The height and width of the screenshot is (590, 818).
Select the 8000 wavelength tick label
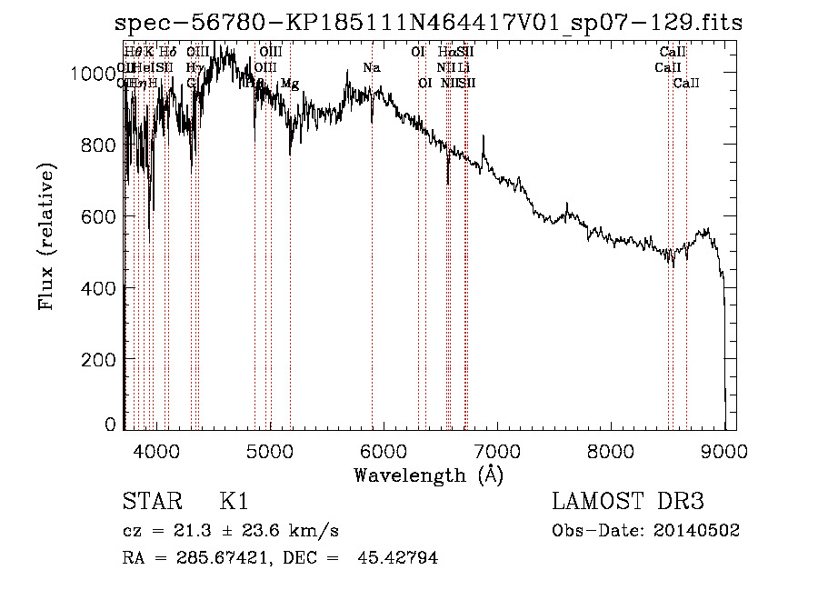click(x=611, y=449)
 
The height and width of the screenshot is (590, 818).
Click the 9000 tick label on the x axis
click(x=724, y=449)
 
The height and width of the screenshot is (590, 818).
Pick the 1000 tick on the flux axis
click(x=95, y=74)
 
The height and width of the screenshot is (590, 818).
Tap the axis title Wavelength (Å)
click(x=428, y=474)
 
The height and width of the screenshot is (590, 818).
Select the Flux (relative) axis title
click(x=46, y=236)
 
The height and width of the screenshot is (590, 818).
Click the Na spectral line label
click(x=371, y=67)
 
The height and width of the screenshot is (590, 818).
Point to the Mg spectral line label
click(x=289, y=83)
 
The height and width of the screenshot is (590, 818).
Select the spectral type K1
click(x=234, y=503)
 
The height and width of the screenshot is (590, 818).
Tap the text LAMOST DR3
click(x=628, y=503)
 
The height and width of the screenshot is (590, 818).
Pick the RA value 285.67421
click(x=216, y=558)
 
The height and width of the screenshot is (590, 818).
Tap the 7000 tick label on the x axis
click(x=497, y=449)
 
